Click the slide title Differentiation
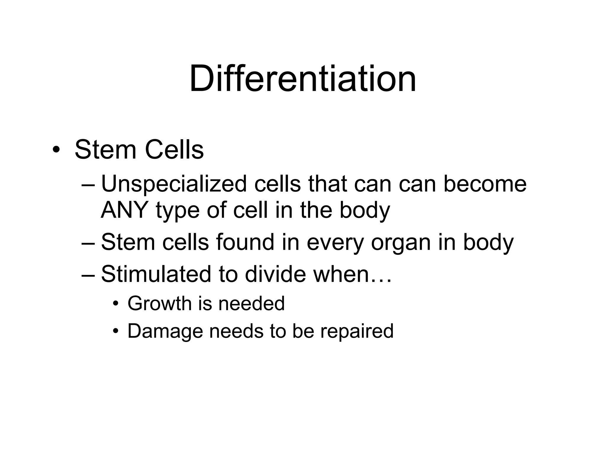point(303,79)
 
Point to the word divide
point(275,274)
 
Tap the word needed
point(251,304)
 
